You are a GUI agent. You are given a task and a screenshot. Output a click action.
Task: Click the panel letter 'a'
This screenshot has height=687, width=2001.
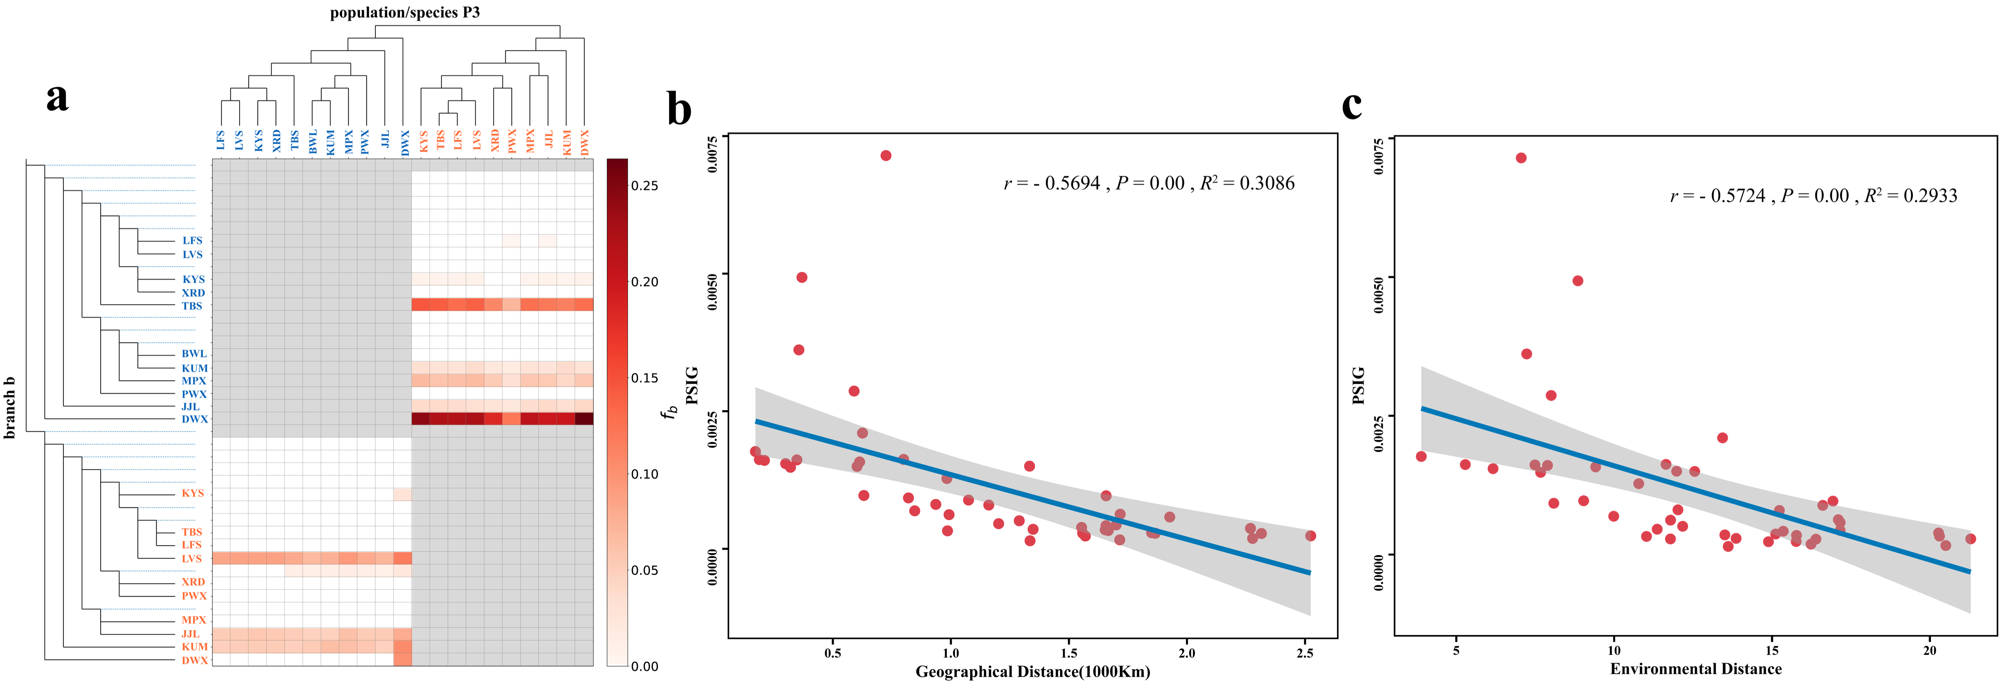pos(57,98)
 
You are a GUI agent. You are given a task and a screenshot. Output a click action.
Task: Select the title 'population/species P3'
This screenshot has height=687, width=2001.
pos(405,12)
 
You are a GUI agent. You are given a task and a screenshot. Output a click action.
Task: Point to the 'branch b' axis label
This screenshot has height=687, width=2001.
pos(10,408)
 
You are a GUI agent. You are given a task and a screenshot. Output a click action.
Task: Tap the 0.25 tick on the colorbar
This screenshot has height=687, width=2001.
pos(644,185)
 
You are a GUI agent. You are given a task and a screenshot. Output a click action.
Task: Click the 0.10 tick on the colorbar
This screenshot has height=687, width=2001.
pos(644,474)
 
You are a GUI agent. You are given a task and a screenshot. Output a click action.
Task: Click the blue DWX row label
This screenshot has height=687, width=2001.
pos(194,419)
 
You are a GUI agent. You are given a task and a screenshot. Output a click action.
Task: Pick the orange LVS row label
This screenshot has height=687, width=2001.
pos(191,558)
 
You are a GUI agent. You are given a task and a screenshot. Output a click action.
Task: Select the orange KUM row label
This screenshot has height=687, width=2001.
pos(194,647)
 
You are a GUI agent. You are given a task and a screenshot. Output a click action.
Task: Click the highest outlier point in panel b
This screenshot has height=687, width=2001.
pos(886,155)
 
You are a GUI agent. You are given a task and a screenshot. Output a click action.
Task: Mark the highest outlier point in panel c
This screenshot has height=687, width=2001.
pos(1521,158)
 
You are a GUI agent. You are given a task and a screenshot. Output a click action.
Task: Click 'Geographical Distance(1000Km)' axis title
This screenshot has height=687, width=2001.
pos(1032,671)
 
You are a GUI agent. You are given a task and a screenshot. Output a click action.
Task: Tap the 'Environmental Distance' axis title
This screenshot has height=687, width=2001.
pos(1696,668)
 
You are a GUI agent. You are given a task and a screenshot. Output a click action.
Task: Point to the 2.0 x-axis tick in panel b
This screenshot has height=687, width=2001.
pos(1186,653)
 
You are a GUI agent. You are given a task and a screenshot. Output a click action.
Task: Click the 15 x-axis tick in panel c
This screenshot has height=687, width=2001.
pos(1772,651)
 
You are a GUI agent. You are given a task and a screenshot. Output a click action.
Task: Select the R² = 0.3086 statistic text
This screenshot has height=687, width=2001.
pos(1247,183)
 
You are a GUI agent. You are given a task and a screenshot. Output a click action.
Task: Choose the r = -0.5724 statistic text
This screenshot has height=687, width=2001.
pos(1719,196)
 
